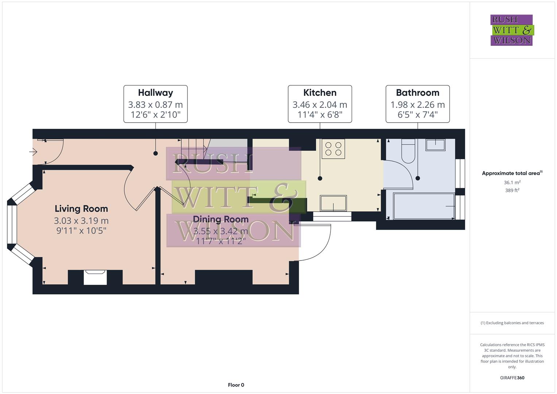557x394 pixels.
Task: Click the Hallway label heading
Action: click(x=155, y=93)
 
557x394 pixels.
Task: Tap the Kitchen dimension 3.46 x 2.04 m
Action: click(x=320, y=105)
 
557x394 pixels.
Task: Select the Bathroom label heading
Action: click(x=418, y=93)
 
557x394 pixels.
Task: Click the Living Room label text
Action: click(x=81, y=209)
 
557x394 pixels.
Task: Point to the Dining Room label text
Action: click(x=220, y=219)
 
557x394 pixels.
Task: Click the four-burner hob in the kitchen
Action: click(x=333, y=149)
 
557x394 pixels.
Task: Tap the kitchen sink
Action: click(x=333, y=203)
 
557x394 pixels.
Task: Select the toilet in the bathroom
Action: click(x=408, y=151)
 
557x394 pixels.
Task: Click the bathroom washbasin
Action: click(x=435, y=145)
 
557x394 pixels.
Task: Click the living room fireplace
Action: click(x=95, y=277)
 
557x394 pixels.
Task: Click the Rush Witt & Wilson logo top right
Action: click(x=511, y=30)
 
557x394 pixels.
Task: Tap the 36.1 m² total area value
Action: click(x=512, y=182)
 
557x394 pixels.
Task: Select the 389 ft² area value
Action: click(x=512, y=190)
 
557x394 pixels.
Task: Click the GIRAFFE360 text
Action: click(x=512, y=378)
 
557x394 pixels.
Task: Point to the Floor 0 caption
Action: click(x=236, y=385)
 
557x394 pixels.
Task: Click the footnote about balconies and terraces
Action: click(x=512, y=323)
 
